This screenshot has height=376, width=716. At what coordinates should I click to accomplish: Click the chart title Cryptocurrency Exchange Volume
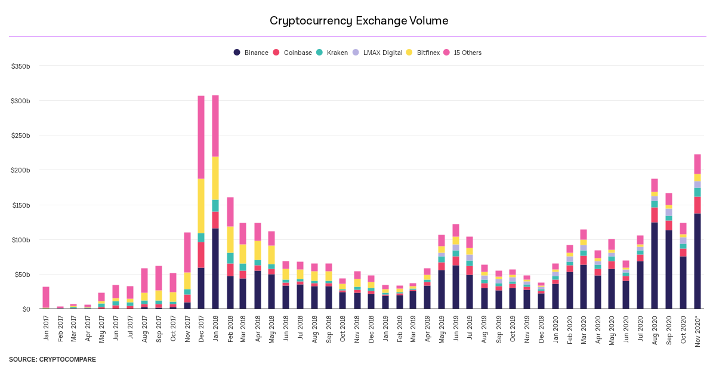pyautogui.click(x=359, y=21)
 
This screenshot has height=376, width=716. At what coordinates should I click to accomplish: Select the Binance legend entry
pyautogui.click(x=251, y=53)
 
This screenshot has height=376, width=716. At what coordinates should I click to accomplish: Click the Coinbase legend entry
pyautogui.click(x=292, y=53)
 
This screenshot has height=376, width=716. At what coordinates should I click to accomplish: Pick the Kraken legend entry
pyautogui.click(x=332, y=53)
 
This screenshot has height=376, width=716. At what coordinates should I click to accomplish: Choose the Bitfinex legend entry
pyautogui.click(x=423, y=53)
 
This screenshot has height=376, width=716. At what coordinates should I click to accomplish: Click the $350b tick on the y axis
pyautogui.click(x=20, y=66)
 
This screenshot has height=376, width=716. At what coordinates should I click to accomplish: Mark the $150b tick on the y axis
pyautogui.click(x=20, y=205)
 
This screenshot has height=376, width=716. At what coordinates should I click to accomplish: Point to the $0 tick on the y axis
pyautogui.click(x=25, y=309)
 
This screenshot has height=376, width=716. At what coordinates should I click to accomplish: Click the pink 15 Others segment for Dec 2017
pyautogui.click(x=201, y=137)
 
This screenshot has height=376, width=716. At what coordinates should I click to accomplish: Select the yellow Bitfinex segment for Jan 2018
pyautogui.click(x=215, y=178)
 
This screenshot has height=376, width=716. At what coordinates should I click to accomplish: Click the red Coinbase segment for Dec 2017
pyautogui.click(x=201, y=255)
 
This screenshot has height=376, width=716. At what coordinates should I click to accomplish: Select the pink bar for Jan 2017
pyautogui.click(x=46, y=297)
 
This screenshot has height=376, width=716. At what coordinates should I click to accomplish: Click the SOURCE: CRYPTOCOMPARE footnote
pyautogui.click(x=53, y=359)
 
